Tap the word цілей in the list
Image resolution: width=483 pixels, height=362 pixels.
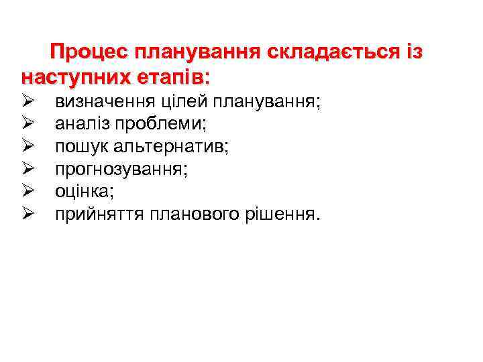pyautogui.click(x=178, y=102)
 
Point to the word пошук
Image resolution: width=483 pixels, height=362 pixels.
pyautogui.click(x=76, y=147)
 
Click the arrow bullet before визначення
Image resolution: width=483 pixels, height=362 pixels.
pyautogui.click(x=28, y=102)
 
